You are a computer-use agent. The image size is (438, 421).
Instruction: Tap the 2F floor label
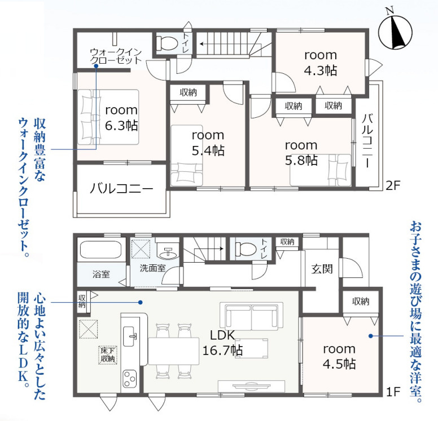393,186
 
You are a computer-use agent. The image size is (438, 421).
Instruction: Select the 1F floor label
393,392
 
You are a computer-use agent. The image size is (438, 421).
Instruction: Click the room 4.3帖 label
321,63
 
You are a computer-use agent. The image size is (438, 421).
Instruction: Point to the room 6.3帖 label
121,118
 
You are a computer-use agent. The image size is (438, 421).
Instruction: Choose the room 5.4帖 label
208,143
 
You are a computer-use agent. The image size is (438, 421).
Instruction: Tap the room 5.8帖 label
301,153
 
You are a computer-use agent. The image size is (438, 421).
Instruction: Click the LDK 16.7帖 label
222,343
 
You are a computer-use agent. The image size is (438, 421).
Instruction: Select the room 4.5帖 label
339,357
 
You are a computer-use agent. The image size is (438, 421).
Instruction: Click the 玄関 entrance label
322,269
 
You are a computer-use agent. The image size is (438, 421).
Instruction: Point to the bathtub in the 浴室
101,250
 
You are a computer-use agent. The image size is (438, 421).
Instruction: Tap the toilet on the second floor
167,43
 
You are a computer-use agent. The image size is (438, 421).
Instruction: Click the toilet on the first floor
246,249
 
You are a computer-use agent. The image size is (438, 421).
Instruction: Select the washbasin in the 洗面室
168,253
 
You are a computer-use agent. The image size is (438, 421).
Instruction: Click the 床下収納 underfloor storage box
108,355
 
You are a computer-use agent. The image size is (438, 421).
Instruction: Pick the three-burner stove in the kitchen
130,379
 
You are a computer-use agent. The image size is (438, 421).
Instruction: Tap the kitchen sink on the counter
130,336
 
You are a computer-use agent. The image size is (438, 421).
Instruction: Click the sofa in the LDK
251,316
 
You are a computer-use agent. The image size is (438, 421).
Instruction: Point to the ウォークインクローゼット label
116,56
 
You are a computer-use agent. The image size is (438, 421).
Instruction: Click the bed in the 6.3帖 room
108,117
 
